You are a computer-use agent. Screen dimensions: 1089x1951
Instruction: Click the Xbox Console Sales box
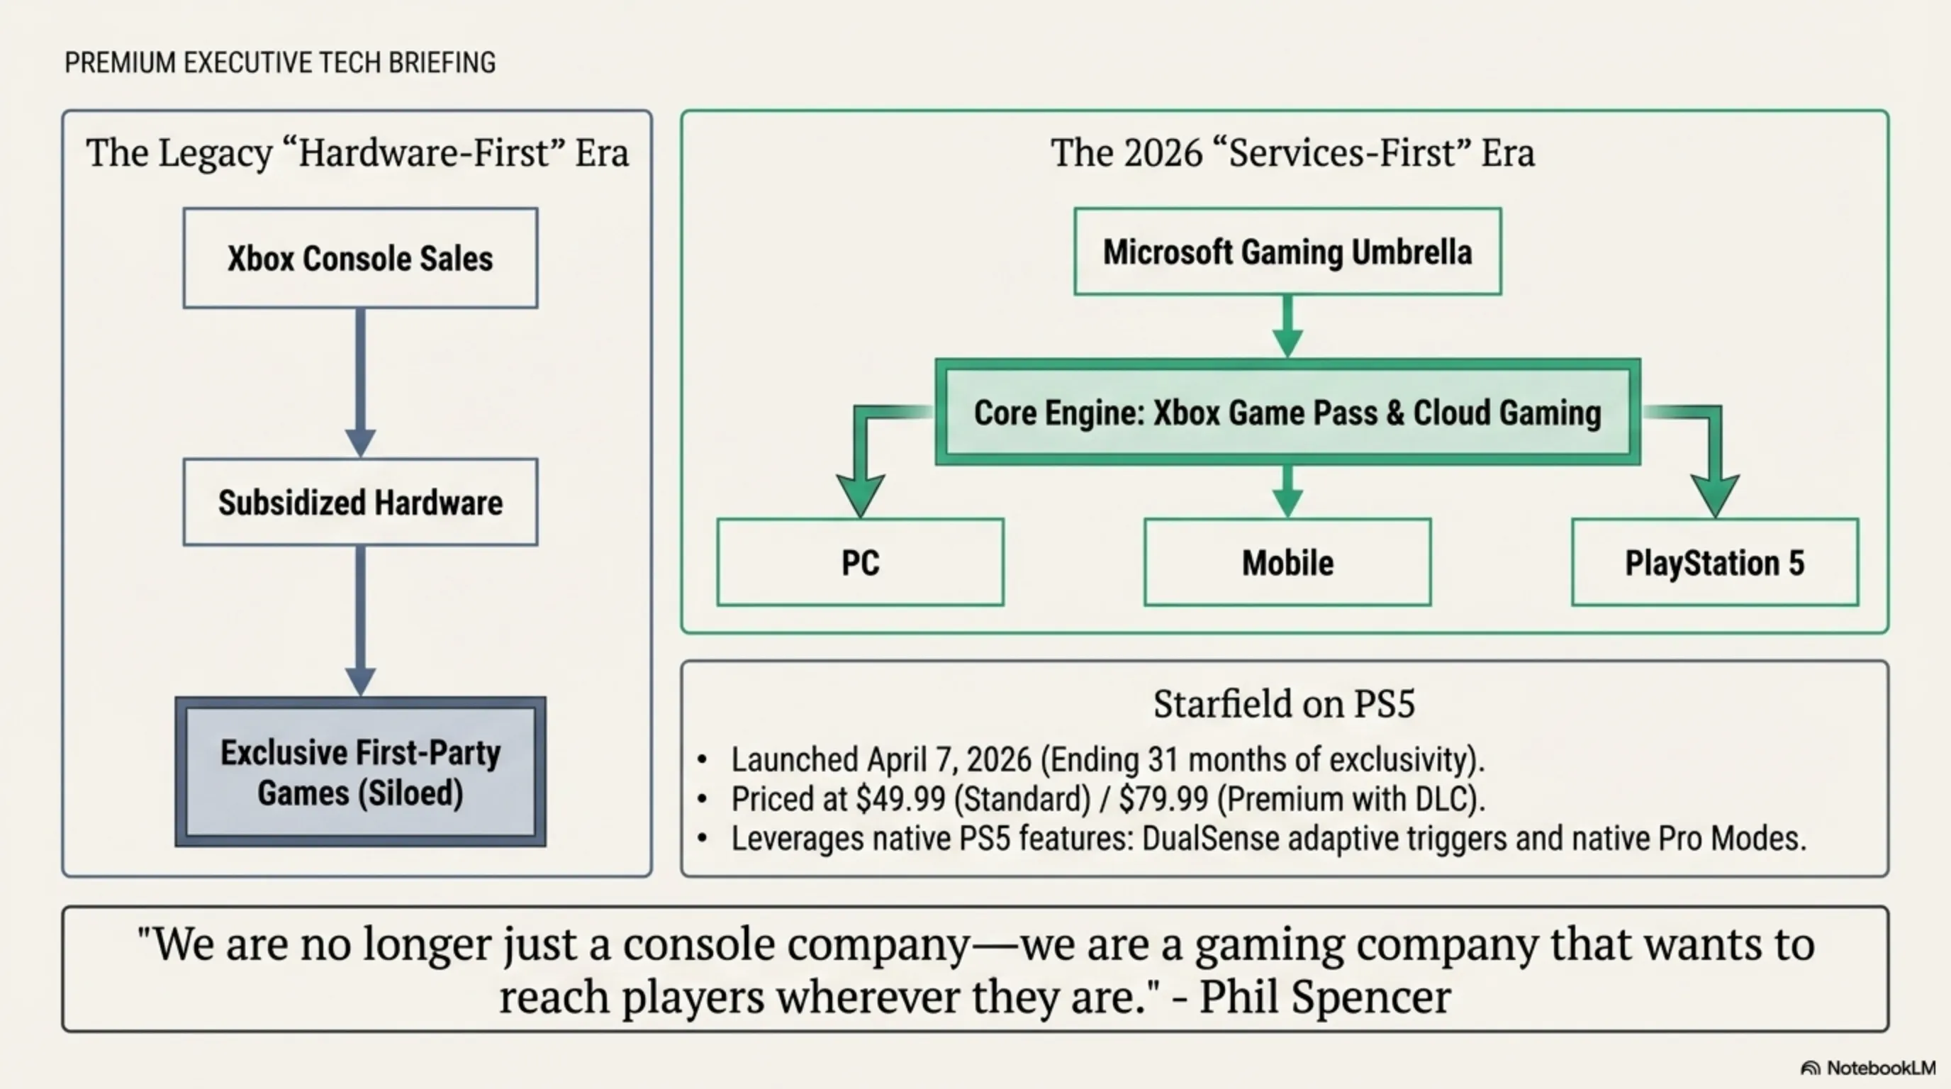[361, 258]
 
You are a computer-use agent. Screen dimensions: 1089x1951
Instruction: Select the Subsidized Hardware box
[361, 502]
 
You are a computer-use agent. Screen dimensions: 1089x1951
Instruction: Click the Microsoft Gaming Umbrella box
[1287, 252]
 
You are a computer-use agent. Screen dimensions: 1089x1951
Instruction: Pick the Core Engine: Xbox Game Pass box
[1287, 413]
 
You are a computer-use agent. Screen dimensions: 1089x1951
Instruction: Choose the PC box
[861, 563]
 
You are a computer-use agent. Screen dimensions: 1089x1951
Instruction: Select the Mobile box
[1287, 563]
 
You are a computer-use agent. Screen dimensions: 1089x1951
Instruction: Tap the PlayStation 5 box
[1715, 563]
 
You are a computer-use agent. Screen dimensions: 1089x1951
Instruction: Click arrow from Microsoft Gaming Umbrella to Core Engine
[1287, 325]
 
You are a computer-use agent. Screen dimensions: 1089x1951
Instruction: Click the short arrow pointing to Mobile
[1287, 491]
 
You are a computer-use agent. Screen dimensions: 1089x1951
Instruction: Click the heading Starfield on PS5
[1284, 703]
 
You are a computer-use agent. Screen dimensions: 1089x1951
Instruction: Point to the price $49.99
[900, 799]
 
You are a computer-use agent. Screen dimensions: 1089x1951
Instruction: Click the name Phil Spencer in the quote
[1326, 997]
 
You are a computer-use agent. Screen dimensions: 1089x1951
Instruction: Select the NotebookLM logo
[1867, 1068]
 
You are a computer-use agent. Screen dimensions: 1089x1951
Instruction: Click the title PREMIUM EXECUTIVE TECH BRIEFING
[280, 63]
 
